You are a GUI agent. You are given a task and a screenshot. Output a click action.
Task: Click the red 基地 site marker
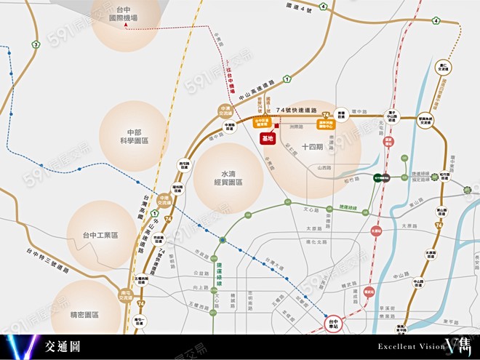(x=268, y=138)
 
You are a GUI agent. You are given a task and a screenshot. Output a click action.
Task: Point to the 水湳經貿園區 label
(x=232, y=179)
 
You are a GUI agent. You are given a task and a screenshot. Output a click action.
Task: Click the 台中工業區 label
(x=100, y=235)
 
